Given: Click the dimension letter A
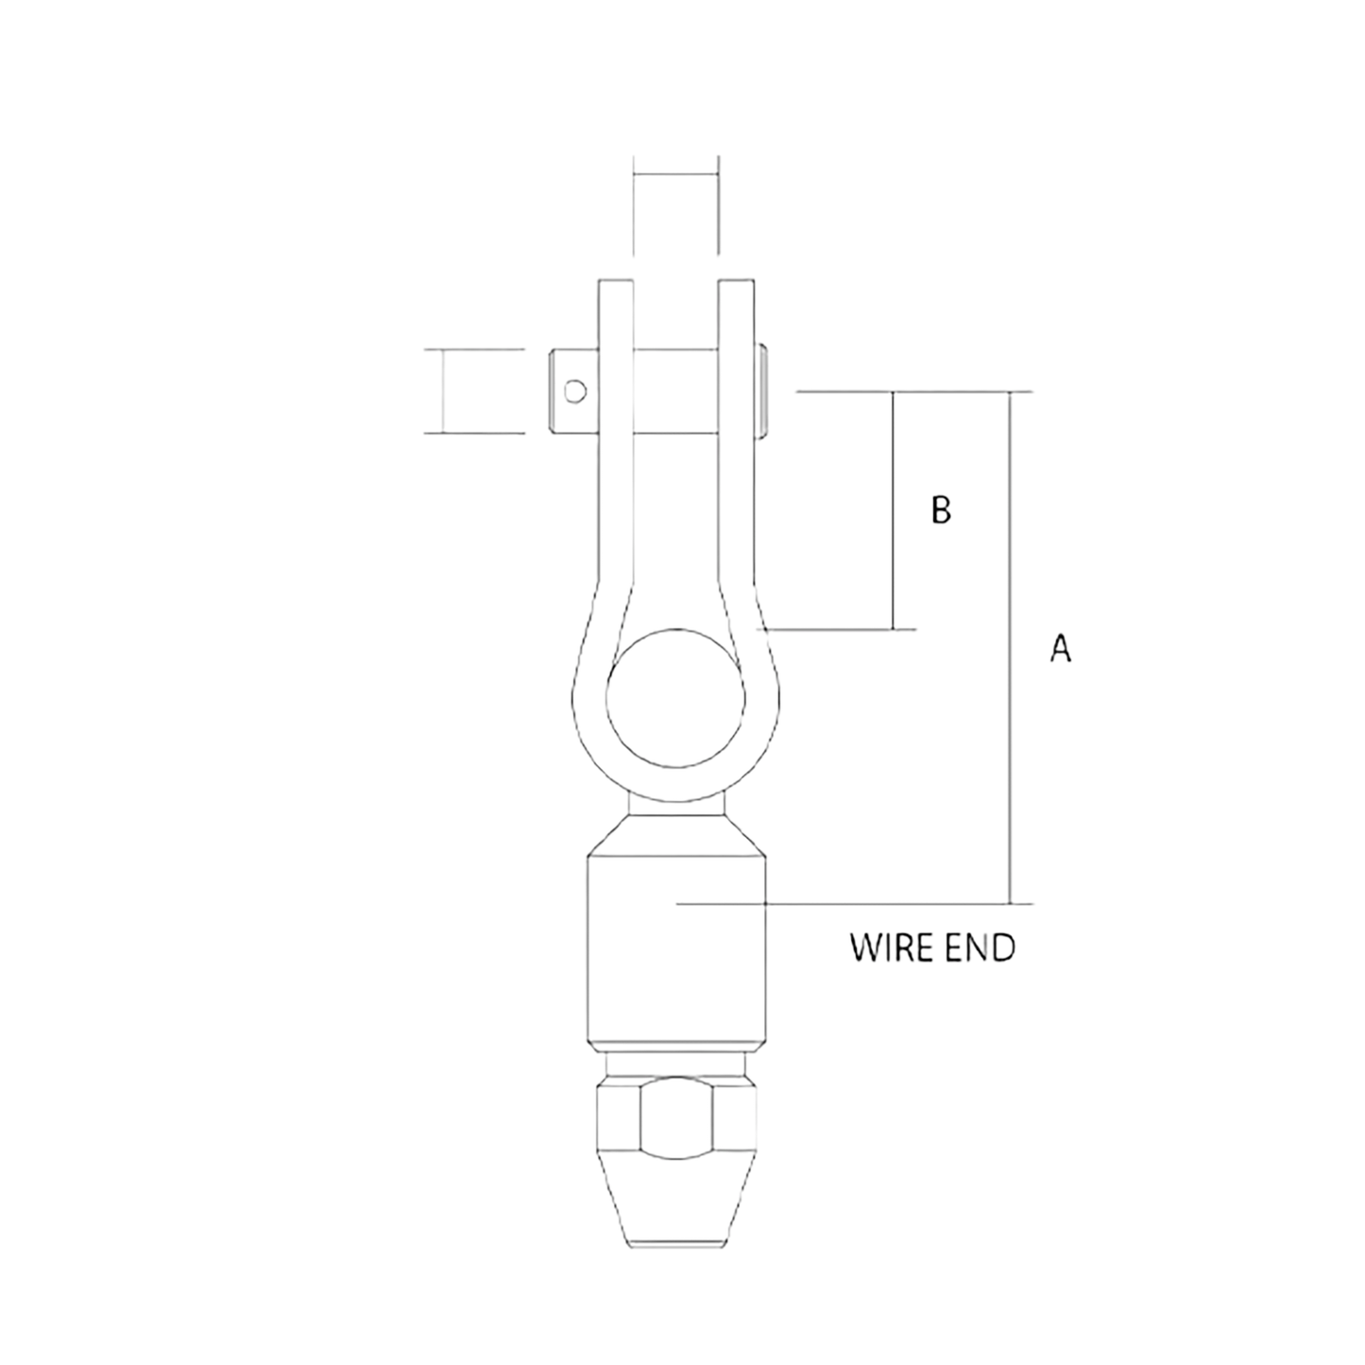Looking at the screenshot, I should coord(1060,648).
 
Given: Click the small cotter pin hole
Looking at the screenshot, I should coord(574,391).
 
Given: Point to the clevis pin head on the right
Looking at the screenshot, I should coord(762,391).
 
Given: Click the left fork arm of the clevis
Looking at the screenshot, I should coord(614,472).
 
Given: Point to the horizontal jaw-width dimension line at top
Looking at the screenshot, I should coord(676,174).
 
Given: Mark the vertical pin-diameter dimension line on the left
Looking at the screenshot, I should coord(441,391).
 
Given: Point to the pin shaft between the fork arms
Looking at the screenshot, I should coord(675,391).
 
